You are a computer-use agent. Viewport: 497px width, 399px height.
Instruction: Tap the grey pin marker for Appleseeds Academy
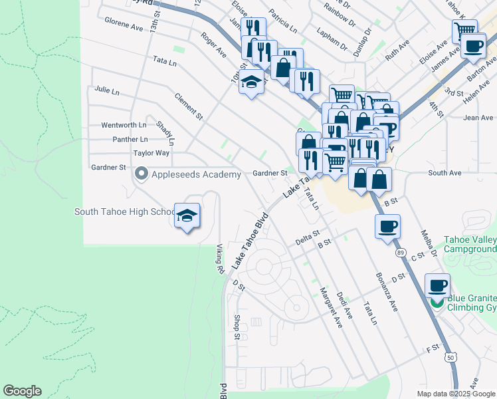point(141,174)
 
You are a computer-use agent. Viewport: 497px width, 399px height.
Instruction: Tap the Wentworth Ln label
point(123,125)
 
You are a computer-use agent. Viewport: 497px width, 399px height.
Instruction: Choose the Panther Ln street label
point(130,140)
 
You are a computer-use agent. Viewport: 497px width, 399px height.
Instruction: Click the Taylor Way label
point(151,153)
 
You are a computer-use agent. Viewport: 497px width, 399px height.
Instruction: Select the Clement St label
point(188,107)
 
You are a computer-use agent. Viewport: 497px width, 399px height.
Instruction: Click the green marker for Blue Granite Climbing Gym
point(437,303)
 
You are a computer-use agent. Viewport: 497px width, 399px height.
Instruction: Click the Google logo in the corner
point(22,391)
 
